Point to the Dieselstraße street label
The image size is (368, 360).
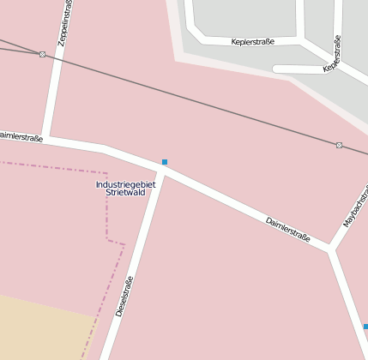pyautogui.click(x=124, y=297)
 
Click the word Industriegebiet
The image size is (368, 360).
pyautogui.click(x=125, y=184)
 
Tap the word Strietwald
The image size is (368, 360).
pyautogui.click(x=125, y=194)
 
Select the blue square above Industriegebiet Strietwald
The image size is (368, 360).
pyautogui.click(x=165, y=162)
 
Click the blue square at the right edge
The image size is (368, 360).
pyautogui.click(x=365, y=327)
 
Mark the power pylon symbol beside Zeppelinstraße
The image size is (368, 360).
pyautogui.click(x=42, y=54)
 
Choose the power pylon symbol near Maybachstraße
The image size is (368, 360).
pyautogui.click(x=340, y=145)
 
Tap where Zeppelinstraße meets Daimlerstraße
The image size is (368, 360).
pyautogui.click(x=48, y=136)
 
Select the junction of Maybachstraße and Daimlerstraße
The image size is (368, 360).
pyautogui.click(x=329, y=249)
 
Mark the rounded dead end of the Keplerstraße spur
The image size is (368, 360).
pyautogui.click(x=276, y=69)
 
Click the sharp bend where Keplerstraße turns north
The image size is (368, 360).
pyautogui.click(x=302, y=39)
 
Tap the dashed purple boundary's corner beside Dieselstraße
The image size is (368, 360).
pyautogui.click(x=108, y=241)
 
